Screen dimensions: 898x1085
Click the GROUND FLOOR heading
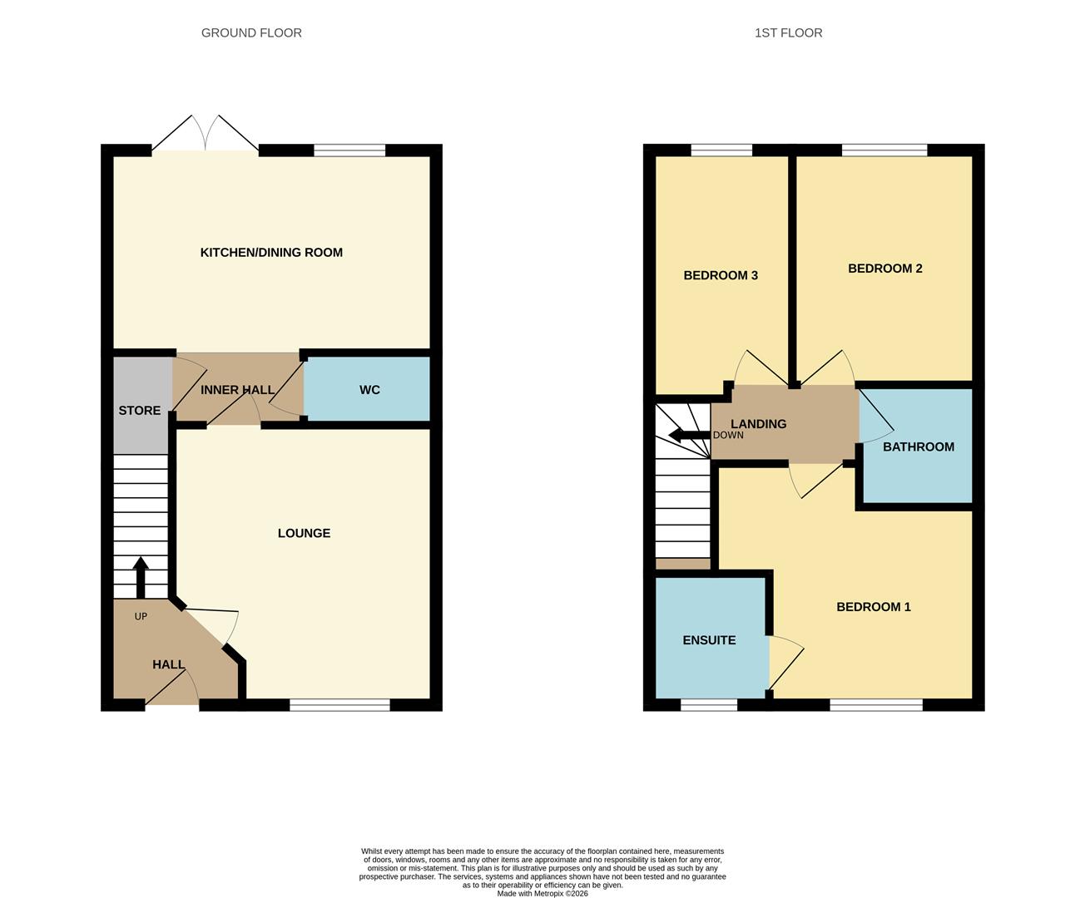[x=251, y=33]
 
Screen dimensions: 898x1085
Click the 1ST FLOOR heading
[x=788, y=33]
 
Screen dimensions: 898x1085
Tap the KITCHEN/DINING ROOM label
[x=271, y=253]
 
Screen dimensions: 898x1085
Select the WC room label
[x=369, y=390]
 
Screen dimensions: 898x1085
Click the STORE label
[x=140, y=411]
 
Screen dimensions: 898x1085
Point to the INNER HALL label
[x=237, y=390]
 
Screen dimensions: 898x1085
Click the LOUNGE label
[x=304, y=533]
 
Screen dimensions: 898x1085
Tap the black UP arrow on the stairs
[x=141, y=576]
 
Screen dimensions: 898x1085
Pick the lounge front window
[x=339, y=705]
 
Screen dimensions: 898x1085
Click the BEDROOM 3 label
[x=721, y=275]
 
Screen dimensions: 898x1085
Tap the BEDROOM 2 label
[x=884, y=269]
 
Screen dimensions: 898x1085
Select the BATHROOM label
[x=918, y=447]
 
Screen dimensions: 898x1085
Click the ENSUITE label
[x=709, y=640]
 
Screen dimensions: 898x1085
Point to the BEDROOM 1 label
[x=873, y=607]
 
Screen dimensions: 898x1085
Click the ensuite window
[x=709, y=705]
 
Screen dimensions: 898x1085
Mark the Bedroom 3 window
[x=721, y=150]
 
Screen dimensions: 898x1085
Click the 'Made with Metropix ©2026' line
[x=542, y=894]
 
